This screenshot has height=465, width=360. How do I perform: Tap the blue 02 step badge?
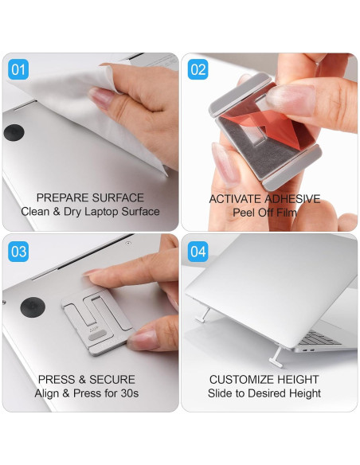[x=198, y=70]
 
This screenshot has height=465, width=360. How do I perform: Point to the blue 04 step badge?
[x=198, y=252]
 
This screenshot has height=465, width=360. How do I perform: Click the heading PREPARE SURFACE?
[x=90, y=197]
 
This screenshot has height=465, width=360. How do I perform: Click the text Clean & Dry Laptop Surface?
[x=90, y=212]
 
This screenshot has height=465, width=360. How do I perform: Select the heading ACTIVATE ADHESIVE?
[x=264, y=198]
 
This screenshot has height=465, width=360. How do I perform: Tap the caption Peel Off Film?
[x=264, y=213]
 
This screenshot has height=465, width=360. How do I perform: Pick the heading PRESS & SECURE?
[x=86, y=380]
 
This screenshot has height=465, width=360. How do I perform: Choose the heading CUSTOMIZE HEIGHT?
[x=264, y=380]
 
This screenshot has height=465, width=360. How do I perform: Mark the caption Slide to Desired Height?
[x=264, y=393]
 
